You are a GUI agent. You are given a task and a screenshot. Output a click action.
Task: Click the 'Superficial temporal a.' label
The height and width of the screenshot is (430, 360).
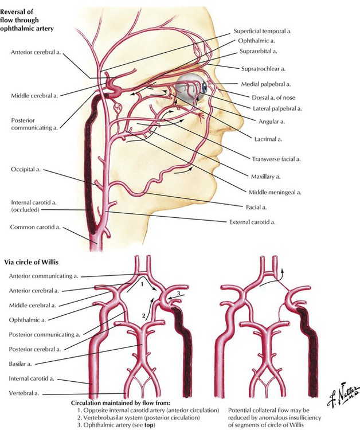pyautogui.click(x=263, y=32)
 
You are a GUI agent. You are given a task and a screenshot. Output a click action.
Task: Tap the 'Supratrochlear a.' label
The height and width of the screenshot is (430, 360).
pyautogui.click(x=263, y=69)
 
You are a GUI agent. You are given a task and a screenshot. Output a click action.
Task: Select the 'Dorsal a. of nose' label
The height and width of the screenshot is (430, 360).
pyautogui.click(x=273, y=97)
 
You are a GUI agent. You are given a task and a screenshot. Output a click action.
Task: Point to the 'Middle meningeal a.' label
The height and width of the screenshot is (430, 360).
pyautogui.click(x=275, y=192)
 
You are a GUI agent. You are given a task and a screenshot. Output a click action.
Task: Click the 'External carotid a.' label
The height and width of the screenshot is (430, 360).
pyautogui.click(x=252, y=222)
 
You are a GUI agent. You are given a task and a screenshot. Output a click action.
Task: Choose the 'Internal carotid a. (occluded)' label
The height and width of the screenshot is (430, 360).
pyautogui.click(x=34, y=206)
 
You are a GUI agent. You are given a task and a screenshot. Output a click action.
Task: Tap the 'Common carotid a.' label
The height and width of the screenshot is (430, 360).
pyautogui.click(x=35, y=227)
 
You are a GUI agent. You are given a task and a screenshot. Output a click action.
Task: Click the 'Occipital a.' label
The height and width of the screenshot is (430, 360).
pyautogui.click(x=25, y=169)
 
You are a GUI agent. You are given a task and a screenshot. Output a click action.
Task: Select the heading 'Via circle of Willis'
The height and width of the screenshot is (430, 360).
pyautogui.click(x=31, y=262)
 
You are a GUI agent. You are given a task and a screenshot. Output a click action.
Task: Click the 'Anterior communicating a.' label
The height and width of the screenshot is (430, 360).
pyautogui.click(x=44, y=276)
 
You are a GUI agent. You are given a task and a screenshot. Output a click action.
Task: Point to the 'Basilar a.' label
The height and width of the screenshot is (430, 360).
pyautogui.click(x=20, y=364)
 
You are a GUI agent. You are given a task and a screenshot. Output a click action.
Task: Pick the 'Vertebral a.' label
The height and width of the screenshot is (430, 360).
pyautogui.click(x=24, y=393)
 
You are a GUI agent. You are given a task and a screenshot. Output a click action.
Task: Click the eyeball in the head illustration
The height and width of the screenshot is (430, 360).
pyautogui.click(x=192, y=88)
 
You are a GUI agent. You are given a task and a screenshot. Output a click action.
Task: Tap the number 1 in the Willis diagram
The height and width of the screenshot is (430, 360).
pyautogui.click(x=142, y=284)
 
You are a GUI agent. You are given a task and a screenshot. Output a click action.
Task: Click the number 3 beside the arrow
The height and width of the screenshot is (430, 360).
pyautogui.click(x=178, y=294)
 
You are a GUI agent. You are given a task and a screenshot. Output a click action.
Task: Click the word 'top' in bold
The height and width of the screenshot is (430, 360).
pyautogui.click(x=148, y=425)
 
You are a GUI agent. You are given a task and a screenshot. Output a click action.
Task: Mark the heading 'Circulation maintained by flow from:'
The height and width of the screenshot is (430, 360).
pyautogui.click(x=120, y=403)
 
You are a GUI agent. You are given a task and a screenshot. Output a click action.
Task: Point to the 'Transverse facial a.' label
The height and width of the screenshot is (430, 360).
pyautogui.click(x=276, y=159)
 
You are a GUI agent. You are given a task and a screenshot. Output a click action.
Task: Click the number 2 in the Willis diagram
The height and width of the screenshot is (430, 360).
pyautogui.click(x=143, y=315)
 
